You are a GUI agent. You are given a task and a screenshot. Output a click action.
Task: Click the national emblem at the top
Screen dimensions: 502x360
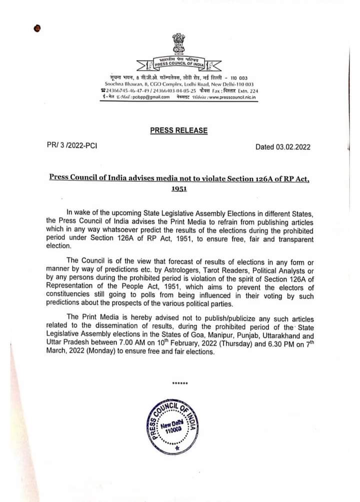pos(178,44)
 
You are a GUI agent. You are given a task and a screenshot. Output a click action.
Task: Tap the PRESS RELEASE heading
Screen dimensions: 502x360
pos(178,131)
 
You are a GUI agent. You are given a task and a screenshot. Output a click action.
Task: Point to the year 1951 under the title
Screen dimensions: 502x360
pos(178,189)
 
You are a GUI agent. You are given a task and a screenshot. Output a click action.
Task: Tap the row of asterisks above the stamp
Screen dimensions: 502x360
pos(179,383)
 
